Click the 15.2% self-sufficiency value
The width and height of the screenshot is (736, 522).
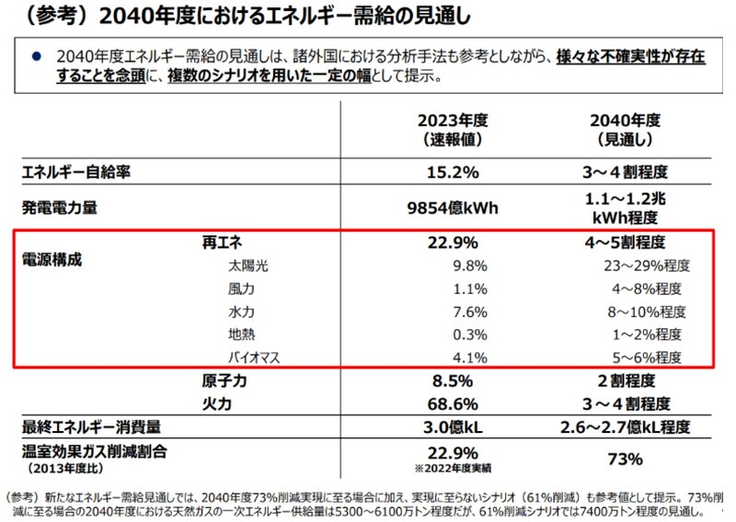coord(452,171)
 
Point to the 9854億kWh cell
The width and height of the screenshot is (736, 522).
coord(452,207)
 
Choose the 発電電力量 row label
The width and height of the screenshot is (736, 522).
coord(60,208)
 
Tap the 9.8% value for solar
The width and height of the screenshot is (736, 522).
coord(452,267)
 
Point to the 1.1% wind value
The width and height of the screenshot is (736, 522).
coord(452,289)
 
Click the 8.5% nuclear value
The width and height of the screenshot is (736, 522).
coord(452,380)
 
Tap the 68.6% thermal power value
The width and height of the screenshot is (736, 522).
coord(452,403)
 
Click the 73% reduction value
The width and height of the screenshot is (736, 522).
coord(627,459)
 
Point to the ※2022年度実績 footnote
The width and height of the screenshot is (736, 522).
coord(452,468)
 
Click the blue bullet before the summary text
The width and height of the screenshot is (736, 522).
coord(36,57)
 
